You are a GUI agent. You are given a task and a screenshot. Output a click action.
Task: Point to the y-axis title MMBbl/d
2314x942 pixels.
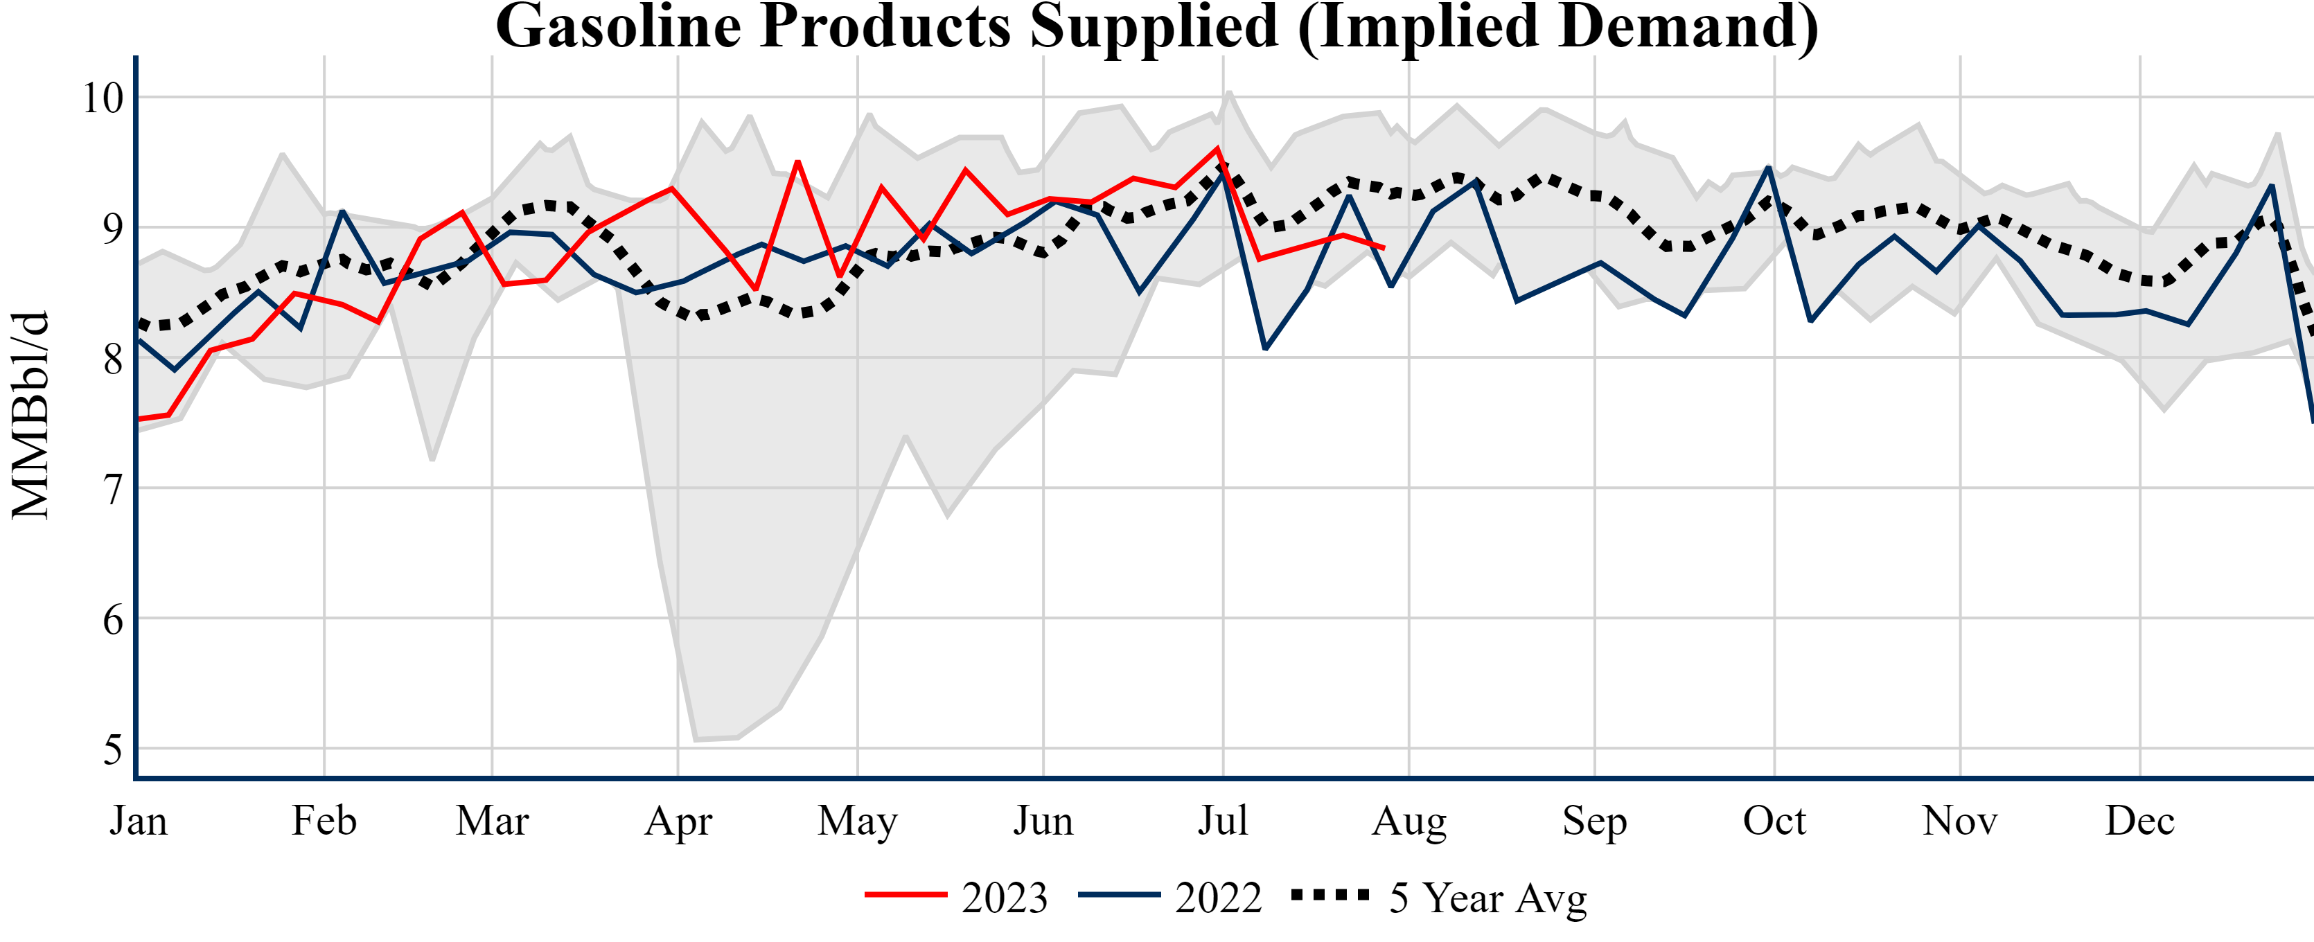(30, 415)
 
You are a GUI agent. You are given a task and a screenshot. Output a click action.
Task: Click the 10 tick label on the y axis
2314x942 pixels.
(103, 98)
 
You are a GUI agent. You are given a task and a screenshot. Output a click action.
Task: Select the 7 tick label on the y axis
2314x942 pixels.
(112, 490)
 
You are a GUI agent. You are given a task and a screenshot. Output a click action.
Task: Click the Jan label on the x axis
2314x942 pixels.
(139, 821)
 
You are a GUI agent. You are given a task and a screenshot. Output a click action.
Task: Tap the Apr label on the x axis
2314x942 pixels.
(678, 821)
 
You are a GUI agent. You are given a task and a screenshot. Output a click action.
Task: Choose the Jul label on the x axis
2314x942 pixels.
(1223, 821)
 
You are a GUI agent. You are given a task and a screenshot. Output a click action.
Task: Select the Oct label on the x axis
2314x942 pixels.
(1774, 821)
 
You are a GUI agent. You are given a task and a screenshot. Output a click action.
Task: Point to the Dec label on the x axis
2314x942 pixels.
(2139, 821)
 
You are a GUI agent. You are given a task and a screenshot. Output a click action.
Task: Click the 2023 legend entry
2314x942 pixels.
(957, 897)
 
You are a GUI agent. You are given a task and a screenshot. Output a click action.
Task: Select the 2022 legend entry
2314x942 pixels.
(1170, 897)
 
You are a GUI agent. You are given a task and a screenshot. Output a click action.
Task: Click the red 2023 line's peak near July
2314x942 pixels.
(1217, 148)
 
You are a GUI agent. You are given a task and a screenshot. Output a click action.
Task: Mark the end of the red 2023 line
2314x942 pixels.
(1384, 248)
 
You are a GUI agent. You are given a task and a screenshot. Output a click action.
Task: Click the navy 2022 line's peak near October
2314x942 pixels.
(1768, 167)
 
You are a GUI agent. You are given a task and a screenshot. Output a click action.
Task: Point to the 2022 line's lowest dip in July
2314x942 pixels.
(1265, 348)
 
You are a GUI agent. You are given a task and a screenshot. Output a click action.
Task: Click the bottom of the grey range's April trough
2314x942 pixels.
(696, 739)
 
